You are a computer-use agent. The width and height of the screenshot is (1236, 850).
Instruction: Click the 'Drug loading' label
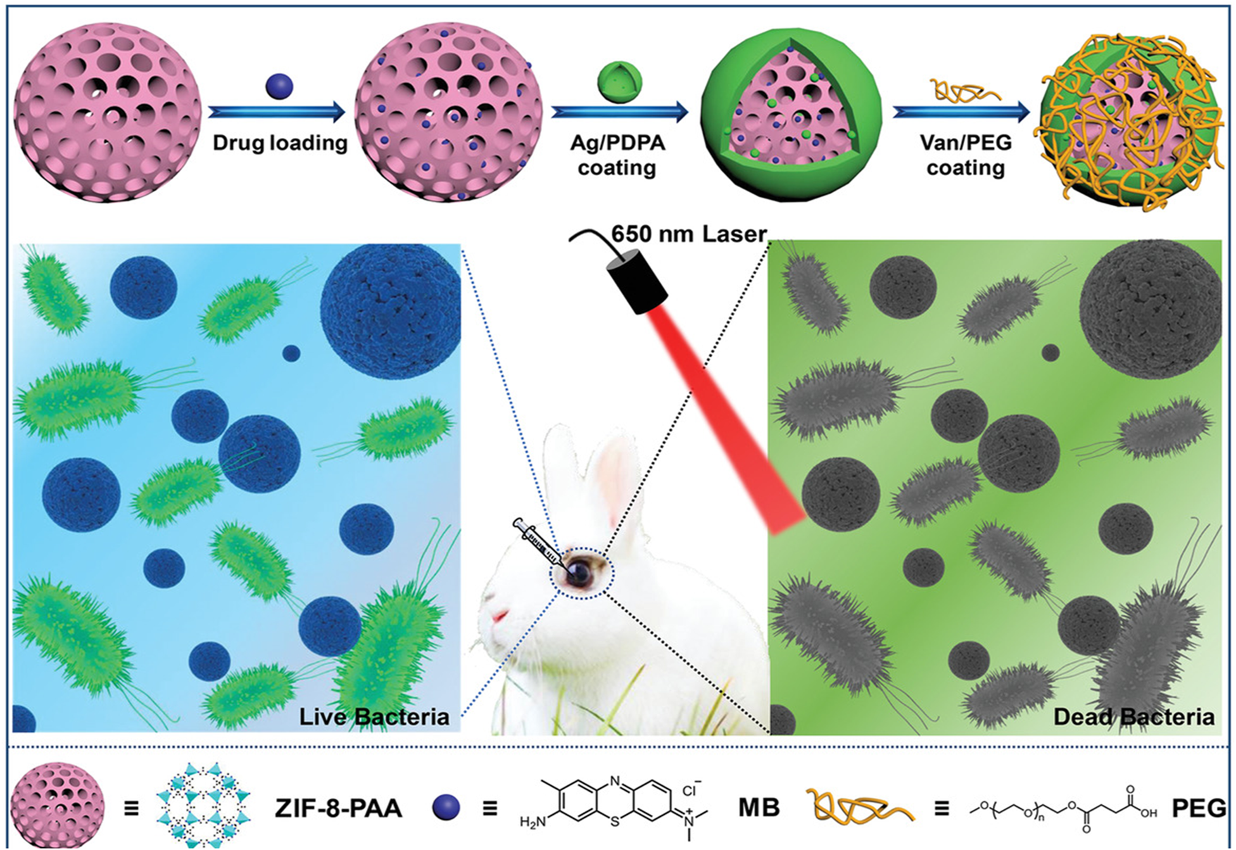pos(280,144)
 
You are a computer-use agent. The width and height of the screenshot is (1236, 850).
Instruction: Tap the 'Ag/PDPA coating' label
pos(617,156)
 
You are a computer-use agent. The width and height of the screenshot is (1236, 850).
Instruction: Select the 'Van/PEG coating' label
pos(965,156)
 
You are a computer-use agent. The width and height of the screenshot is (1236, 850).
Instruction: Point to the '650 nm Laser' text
pos(688,234)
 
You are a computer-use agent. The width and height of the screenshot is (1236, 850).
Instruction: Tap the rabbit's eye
pos(580,572)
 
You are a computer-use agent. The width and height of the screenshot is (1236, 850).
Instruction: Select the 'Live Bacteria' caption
pos(374,716)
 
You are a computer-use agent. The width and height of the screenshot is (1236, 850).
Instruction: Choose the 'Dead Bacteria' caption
pos(1133,716)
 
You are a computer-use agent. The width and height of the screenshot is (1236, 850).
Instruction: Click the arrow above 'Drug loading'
pos(279,112)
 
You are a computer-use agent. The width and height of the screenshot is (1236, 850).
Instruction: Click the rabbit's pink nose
pos(498,618)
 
